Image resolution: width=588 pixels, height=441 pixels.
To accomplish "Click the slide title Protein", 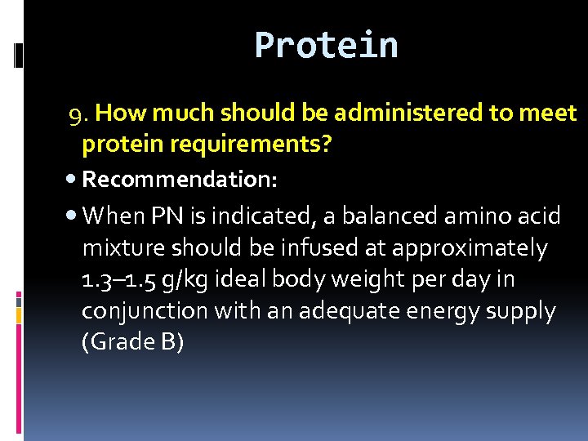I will [x=326, y=45].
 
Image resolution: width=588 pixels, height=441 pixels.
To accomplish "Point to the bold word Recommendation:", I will [x=180, y=178].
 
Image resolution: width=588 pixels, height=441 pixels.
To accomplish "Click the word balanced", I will [x=386, y=216].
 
